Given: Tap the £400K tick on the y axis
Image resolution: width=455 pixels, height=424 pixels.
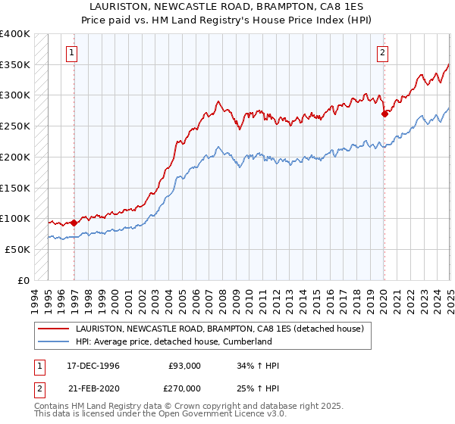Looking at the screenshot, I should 14,34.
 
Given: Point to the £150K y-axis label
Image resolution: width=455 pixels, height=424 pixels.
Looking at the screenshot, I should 14,187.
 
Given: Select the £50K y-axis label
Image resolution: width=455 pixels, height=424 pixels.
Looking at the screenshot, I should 17,248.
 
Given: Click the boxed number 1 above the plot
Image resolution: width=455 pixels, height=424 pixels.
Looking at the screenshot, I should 71,52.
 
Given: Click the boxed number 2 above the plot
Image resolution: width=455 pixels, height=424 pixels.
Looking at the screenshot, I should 381,52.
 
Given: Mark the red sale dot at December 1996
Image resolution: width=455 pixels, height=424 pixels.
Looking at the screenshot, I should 74,223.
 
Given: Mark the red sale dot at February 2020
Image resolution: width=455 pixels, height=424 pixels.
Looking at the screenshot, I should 384,114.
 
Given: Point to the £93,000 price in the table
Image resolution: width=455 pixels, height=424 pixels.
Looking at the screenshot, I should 184,366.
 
